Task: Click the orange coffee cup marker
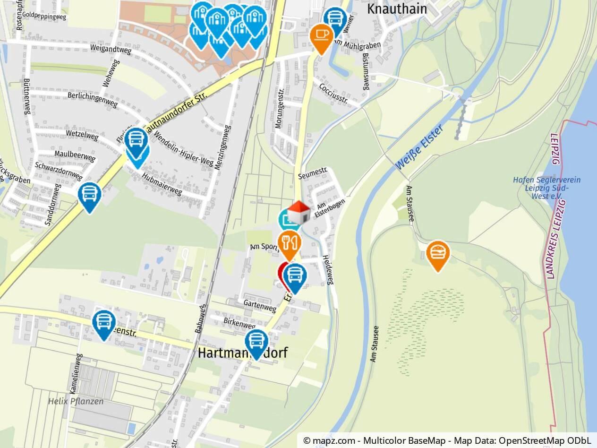[x=321, y=35]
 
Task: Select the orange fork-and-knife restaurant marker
[x=289, y=243]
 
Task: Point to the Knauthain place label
[x=397, y=9]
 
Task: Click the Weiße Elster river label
[x=419, y=147]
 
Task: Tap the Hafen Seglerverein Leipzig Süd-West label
[x=546, y=188]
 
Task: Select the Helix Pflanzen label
[x=76, y=401]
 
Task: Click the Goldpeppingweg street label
[x=44, y=16]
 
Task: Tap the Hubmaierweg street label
[x=162, y=184]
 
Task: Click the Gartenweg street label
[x=260, y=306]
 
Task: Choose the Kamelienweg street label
[x=76, y=373]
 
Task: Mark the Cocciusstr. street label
[x=333, y=93]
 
